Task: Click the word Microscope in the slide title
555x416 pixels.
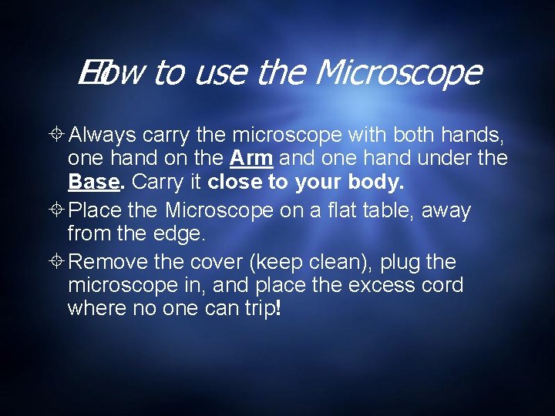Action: point(398,74)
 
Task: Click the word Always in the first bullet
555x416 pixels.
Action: point(103,136)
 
